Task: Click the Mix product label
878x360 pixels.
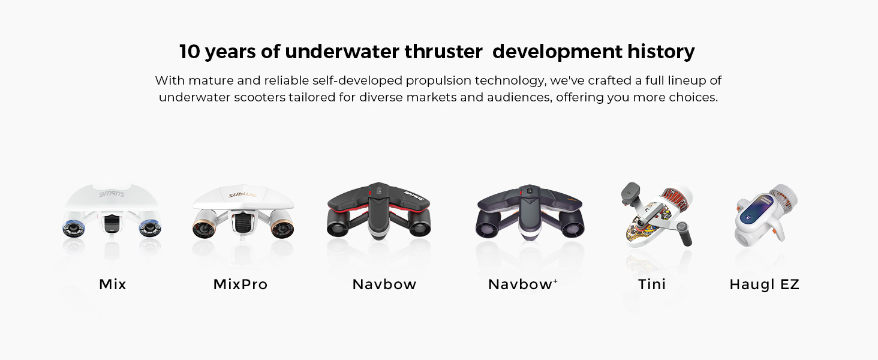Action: click(x=113, y=284)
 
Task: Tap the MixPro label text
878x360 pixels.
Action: click(x=240, y=284)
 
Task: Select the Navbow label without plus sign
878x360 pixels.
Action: click(x=384, y=284)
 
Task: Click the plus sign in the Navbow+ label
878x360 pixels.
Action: click(x=555, y=280)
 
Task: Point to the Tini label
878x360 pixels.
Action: click(x=652, y=284)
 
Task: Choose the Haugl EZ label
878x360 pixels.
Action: click(x=764, y=284)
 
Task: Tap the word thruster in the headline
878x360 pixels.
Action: click(x=443, y=52)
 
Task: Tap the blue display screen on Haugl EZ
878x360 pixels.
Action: click(x=757, y=214)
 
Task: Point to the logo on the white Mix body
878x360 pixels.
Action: click(x=112, y=194)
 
